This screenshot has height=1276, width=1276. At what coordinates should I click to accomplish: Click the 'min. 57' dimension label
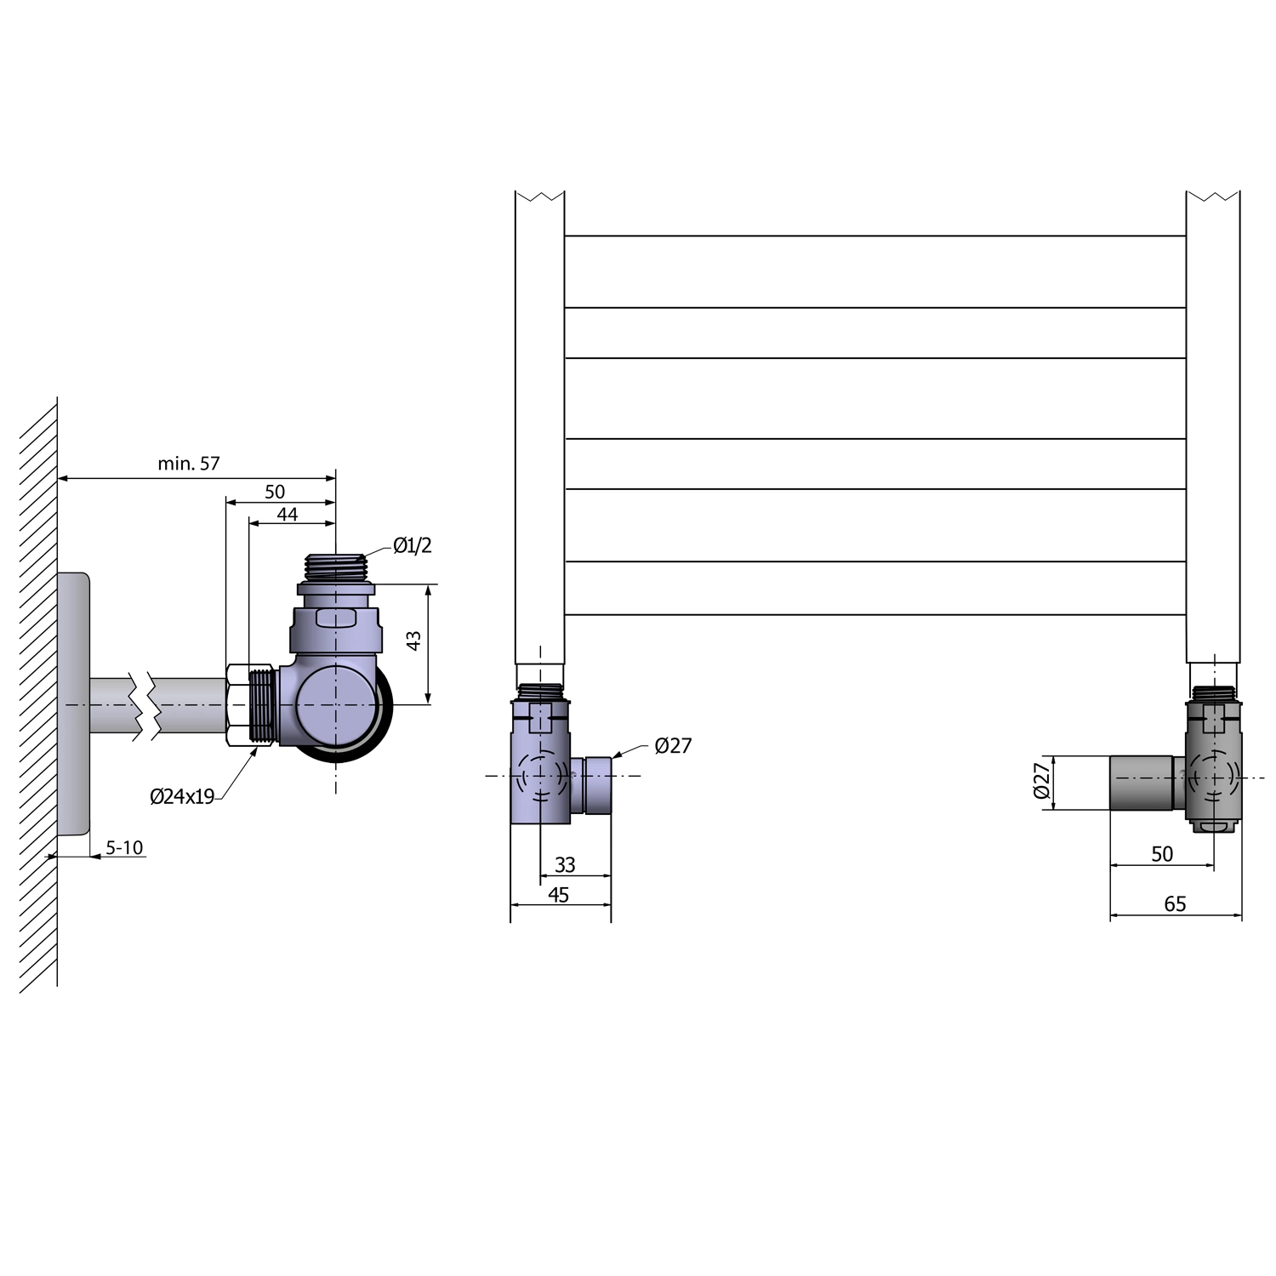[189, 464]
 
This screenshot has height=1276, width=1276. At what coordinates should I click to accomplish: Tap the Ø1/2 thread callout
[413, 545]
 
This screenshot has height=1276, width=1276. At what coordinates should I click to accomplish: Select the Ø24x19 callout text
[182, 796]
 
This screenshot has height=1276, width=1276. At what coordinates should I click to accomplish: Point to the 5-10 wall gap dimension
[124, 847]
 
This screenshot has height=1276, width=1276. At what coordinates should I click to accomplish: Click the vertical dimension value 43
[414, 641]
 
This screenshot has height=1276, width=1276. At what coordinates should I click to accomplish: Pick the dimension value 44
[288, 514]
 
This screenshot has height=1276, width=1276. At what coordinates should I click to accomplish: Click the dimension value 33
[565, 865]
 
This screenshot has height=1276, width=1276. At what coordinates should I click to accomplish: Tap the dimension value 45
[559, 895]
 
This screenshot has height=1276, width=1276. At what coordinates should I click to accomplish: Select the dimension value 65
[1175, 904]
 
